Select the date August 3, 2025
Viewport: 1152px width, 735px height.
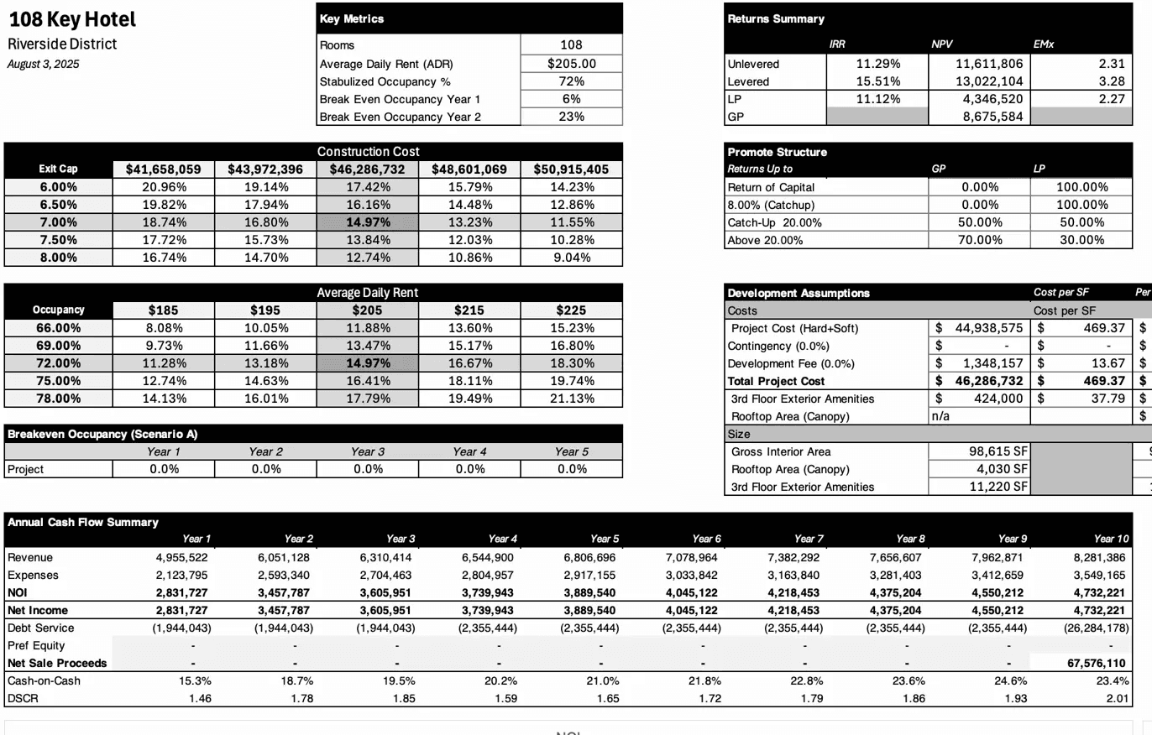44,64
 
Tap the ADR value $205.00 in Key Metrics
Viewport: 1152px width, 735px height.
571,63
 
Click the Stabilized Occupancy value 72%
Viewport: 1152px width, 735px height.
571,81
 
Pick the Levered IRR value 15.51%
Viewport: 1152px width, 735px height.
878,81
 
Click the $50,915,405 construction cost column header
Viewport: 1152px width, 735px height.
571,169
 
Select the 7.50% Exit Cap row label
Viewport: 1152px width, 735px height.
59,240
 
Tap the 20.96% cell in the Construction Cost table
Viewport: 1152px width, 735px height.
163,187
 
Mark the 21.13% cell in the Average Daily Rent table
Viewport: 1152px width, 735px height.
571,399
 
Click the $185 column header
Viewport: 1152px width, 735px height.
163,310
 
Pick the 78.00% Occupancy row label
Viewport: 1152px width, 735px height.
59,399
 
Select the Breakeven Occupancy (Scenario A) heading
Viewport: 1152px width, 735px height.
102,434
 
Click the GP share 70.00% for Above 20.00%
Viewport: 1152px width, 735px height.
978,240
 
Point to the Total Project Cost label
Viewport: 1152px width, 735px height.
777,381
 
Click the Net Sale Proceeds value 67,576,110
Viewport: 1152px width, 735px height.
1090,663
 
